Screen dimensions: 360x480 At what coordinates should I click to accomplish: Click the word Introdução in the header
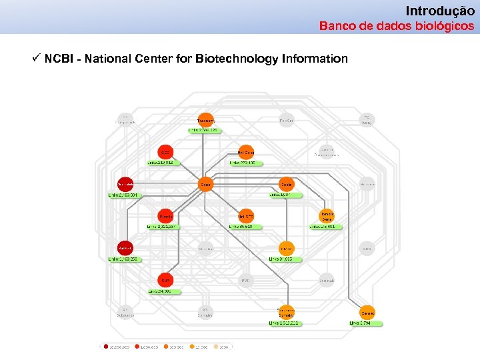[440, 11]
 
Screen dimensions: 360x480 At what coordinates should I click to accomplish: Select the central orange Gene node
[206, 184]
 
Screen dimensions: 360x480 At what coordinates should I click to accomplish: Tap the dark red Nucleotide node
[125, 184]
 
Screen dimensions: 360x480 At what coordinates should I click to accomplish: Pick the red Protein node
[165, 217]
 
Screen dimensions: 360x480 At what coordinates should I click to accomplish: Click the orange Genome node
[367, 313]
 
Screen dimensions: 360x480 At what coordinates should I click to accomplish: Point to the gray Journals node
[327, 280]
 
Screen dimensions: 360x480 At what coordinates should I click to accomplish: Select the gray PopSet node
[286, 120]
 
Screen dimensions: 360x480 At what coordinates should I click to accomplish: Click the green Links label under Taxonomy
[203, 131]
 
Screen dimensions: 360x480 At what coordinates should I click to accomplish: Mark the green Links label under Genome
[366, 323]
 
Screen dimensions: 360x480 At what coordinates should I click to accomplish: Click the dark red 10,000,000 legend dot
[106, 347]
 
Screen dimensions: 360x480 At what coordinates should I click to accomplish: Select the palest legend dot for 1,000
[216, 347]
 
